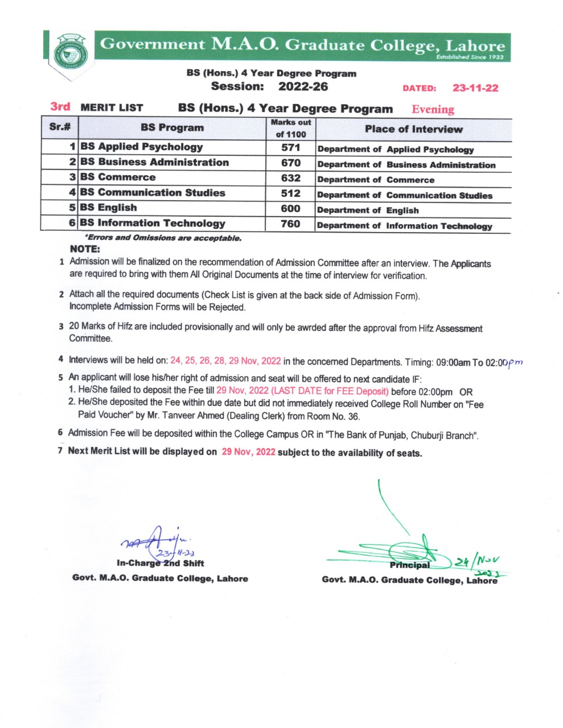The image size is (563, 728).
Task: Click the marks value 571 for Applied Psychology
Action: (x=290, y=147)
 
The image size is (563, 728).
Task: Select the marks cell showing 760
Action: (x=290, y=224)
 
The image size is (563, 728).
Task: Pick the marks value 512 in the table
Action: (x=290, y=193)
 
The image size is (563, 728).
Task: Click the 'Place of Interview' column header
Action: (x=413, y=129)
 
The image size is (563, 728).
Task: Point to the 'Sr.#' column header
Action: (x=59, y=127)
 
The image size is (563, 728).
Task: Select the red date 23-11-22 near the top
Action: (x=475, y=88)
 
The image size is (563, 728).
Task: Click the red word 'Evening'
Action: (x=433, y=109)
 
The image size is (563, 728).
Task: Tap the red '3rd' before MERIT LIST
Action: (x=60, y=106)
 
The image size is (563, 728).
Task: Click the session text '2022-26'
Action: (x=303, y=86)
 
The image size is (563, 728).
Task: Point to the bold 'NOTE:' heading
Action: (x=85, y=249)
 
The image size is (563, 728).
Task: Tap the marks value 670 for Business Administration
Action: (x=290, y=163)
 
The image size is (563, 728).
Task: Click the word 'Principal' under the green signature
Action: (x=410, y=565)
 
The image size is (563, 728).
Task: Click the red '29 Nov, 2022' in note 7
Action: (x=248, y=452)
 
